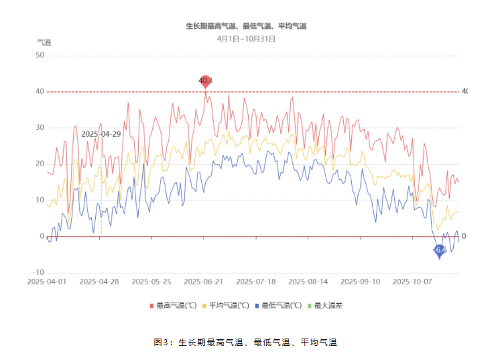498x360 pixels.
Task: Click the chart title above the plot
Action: pos(246,26)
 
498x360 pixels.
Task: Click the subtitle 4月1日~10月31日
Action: pos(246,39)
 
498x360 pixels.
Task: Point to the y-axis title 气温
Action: pos(44,42)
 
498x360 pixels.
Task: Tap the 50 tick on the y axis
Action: pos(40,55)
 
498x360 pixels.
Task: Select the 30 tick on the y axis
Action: pos(40,127)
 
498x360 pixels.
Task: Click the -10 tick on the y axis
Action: pos(38,273)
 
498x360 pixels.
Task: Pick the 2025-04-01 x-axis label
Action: pos(47,282)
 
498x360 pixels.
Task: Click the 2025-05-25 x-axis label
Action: pos(151,282)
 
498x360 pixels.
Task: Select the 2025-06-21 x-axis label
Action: pos(204,282)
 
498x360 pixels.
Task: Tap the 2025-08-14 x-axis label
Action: pos(308,282)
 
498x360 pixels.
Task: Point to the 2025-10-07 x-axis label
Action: pos(413,282)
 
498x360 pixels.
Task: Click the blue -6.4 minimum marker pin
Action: pos(439,251)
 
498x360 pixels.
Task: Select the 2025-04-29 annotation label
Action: pos(101,134)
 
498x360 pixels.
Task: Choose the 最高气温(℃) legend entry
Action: pos(174,306)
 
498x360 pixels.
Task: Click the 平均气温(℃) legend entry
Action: pos(227,306)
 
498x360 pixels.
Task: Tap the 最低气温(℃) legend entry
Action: pos(279,306)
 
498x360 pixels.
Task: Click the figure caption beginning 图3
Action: pos(245,343)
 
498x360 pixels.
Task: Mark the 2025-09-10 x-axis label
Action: pos(361,282)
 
